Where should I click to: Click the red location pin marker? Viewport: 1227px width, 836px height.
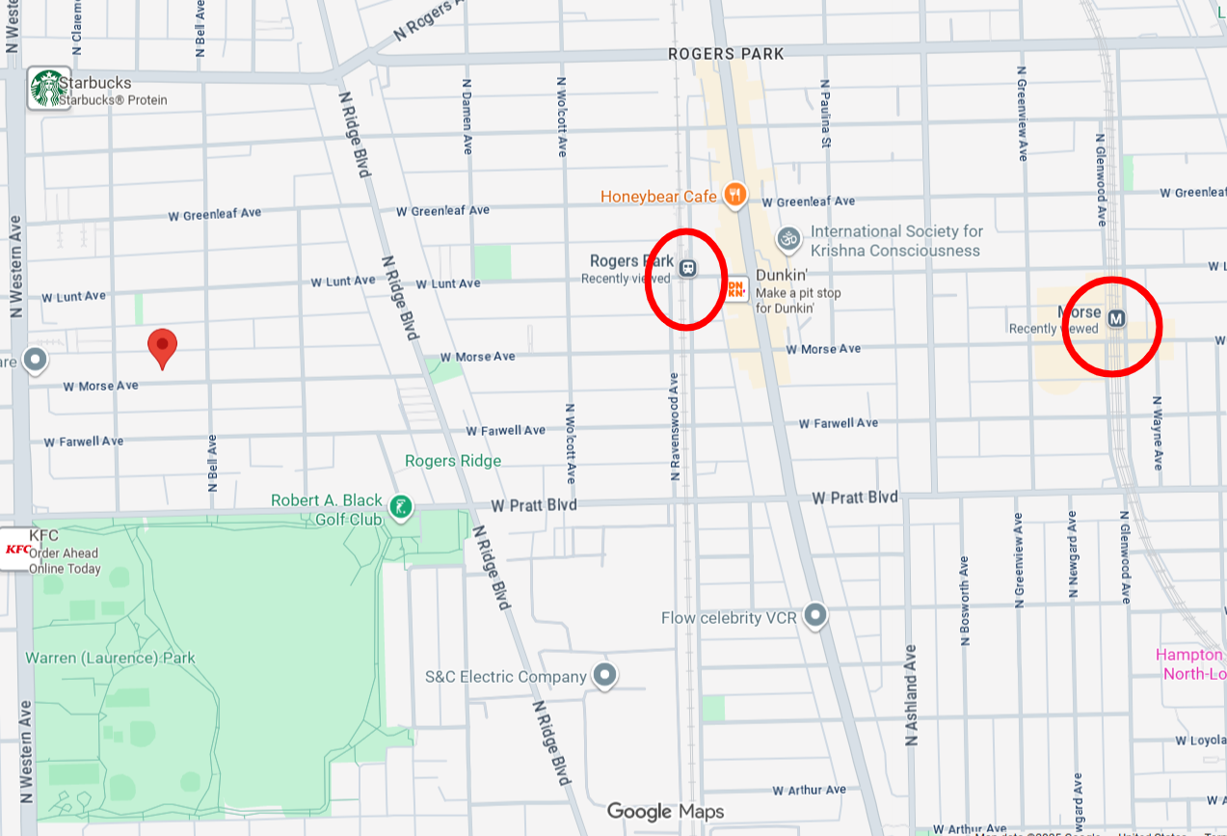(162, 346)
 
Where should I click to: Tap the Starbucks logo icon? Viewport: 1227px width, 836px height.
(48, 88)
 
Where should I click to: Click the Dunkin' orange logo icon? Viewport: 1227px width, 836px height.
(735, 288)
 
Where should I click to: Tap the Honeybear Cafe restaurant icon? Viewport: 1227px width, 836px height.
(734, 196)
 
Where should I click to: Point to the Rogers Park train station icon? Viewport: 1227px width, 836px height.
(687, 268)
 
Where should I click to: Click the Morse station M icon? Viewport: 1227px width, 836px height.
(1116, 318)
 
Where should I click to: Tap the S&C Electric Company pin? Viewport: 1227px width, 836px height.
(604, 675)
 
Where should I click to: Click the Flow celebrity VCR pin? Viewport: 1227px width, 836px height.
(815, 614)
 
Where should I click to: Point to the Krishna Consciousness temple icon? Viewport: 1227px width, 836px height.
(788, 237)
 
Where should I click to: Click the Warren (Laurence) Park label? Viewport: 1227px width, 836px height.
(110, 658)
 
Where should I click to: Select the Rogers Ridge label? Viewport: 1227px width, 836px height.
(453, 461)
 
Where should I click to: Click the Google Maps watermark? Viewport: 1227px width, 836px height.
(665, 812)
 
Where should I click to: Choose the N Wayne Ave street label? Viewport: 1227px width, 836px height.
(1159, 434)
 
